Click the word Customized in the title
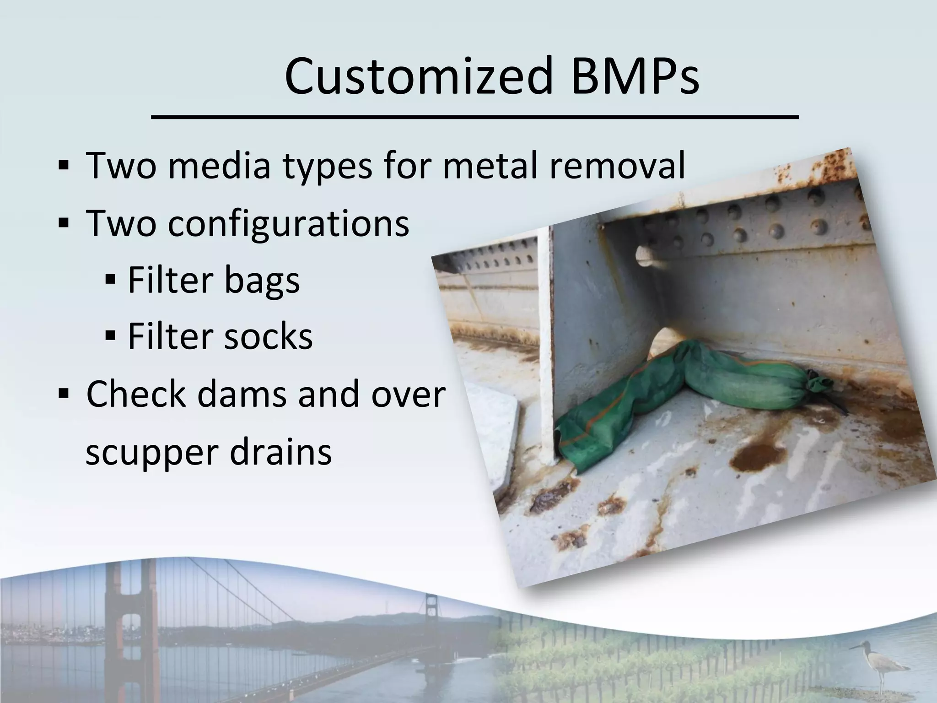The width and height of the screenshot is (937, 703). pyautogui.click(x=419, y=76)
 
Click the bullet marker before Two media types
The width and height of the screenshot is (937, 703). pyautogui.click(x=64, y=165)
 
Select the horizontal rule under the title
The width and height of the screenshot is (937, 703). pyautogui.click(x=475, y=118)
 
